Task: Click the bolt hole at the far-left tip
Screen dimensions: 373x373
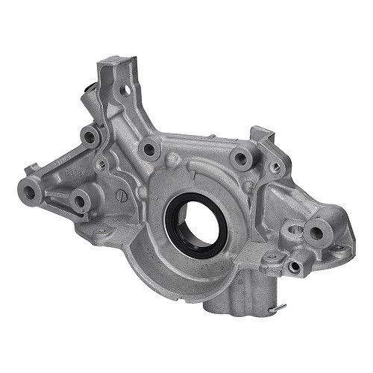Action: point(30,192)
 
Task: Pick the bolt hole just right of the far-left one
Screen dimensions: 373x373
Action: point(78,200)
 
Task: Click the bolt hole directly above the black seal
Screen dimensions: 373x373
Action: point(150,149)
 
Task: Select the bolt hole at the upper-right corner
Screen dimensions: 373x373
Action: point(240,157)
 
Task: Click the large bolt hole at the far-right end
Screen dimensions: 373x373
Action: point(316,233)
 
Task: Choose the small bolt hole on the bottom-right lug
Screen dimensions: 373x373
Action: point(295,266)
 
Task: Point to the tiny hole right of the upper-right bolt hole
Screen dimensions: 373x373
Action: point(276,167)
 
